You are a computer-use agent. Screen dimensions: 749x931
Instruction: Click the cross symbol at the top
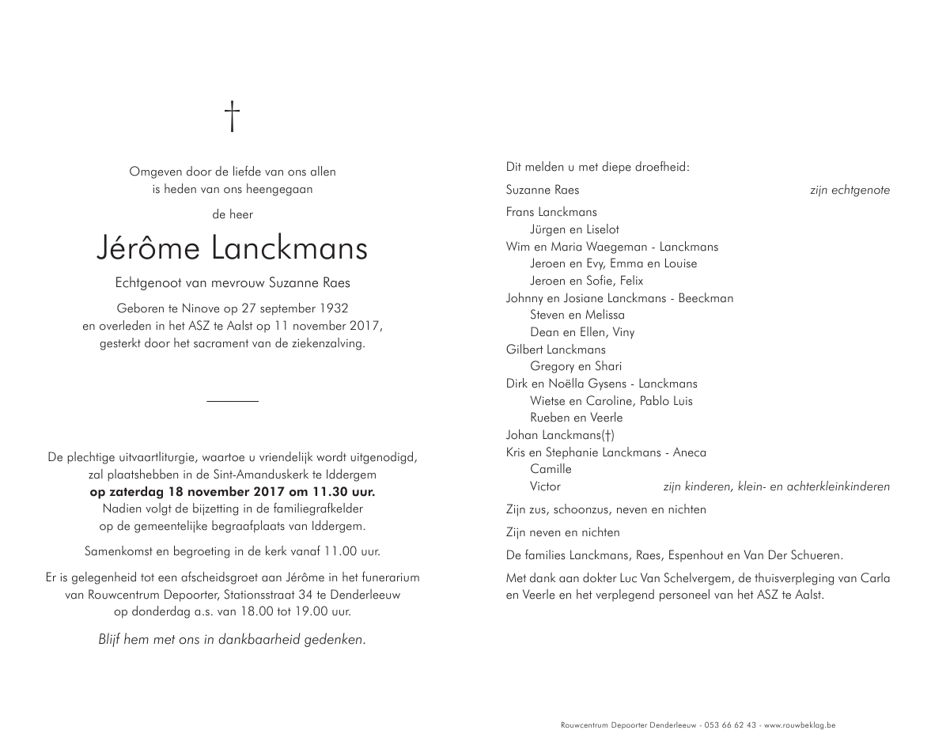[x=232, y=115]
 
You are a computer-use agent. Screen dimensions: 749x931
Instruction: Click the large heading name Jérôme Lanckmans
[x=232, y=248]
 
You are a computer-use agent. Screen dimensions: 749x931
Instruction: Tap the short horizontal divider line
[x=232, y=402]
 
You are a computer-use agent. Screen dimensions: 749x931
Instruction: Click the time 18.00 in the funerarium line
[x=234, y=611]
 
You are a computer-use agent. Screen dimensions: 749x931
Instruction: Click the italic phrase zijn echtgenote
[x=850, y=191]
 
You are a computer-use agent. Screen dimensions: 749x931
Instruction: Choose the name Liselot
[x=604, y=229]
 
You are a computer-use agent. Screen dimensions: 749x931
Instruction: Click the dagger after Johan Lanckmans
[x=607, y=435]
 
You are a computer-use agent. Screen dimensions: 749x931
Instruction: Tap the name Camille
[x=551, y=469]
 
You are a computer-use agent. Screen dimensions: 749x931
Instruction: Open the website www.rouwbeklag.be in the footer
[x=800, y=724]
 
